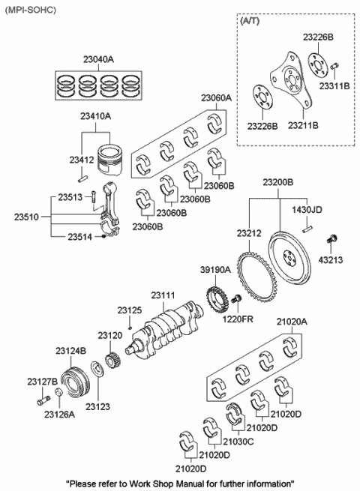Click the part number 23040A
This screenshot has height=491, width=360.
coord(98,59)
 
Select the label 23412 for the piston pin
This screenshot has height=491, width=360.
coord(82,160)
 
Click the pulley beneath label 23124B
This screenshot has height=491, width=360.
coord(74,381)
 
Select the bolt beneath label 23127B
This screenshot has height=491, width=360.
coord(43,400)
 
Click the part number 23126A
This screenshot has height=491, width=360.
coord(59,415)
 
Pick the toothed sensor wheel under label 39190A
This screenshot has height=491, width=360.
coord(216,301)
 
